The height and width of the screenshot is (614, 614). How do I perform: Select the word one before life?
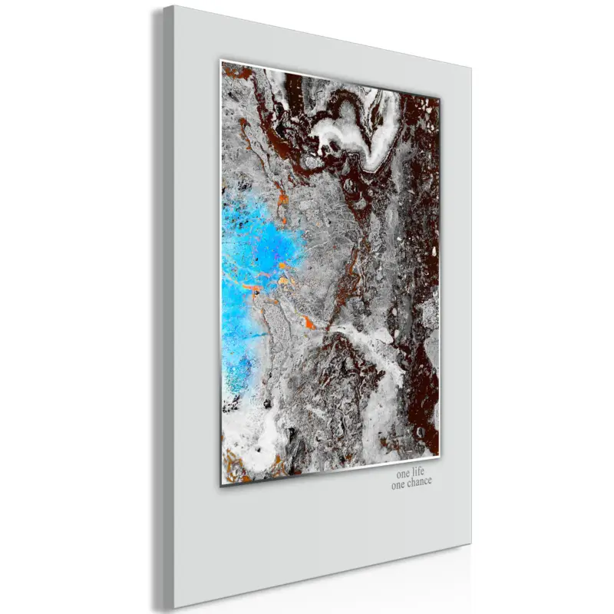pos(403,470)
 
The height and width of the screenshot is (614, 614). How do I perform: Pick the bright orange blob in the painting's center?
pos(309,322)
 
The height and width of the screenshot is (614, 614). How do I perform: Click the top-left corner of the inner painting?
pos(222,61)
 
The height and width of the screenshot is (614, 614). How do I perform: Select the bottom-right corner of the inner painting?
pos(440,452)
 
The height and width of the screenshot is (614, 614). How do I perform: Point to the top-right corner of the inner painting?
pos(441,97)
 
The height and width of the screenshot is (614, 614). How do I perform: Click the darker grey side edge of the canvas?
pos(157,307)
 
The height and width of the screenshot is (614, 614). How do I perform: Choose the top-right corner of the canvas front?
pos(471,66)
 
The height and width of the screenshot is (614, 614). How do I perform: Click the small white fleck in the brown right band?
pos(434,251)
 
